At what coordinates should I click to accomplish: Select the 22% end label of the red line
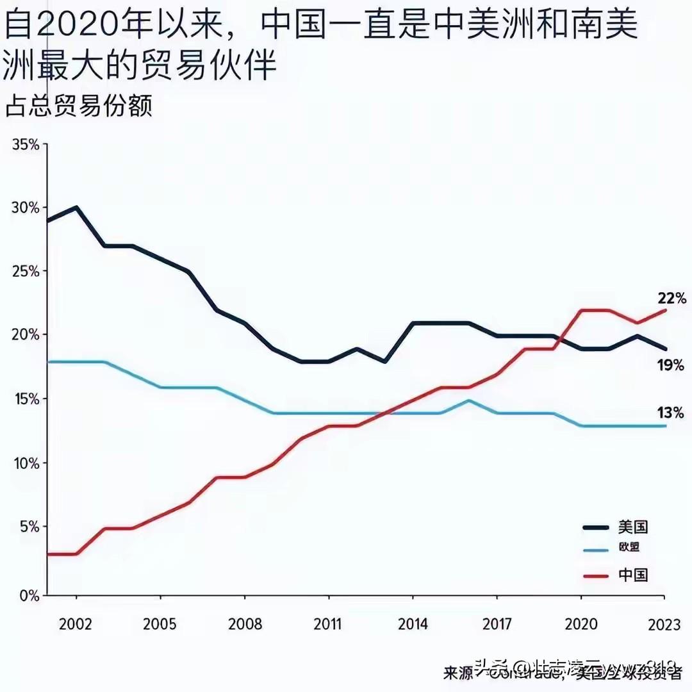coord(670,298)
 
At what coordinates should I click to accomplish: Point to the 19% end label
coord(670,366)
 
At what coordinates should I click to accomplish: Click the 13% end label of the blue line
coord(670,413)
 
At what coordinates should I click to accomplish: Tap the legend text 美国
coord(633,527)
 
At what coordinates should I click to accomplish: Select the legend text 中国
coord(633,575)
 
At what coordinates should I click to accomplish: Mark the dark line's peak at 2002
coord(76,208)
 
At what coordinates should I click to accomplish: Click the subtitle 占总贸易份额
coord(78,106)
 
